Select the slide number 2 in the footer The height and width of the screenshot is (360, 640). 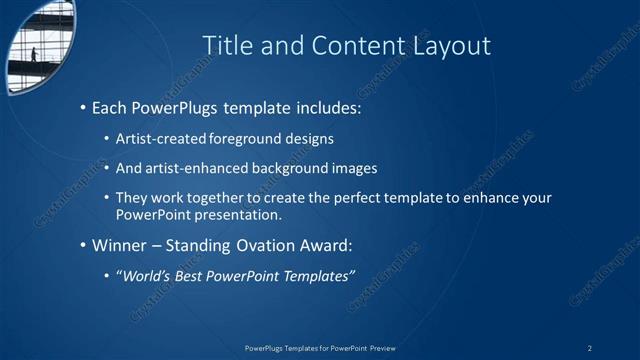[x=590, y=348]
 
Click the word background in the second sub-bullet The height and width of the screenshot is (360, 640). [x=298, y=168]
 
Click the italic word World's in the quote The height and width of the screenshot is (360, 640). [x=146, y=275]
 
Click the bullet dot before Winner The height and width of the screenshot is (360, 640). [x=82, y=245]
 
